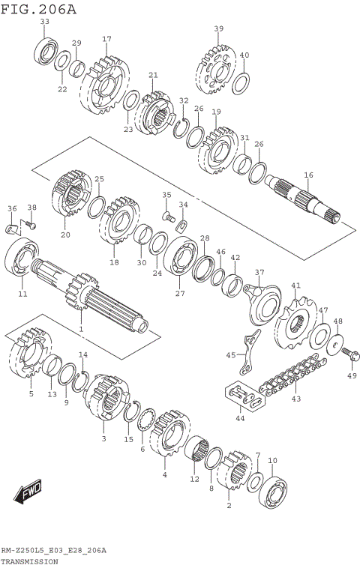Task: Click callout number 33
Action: click(45, 22)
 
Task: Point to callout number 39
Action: click(218, 28)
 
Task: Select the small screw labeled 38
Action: click(31, 222)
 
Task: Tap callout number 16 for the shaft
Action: click(307, 175)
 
